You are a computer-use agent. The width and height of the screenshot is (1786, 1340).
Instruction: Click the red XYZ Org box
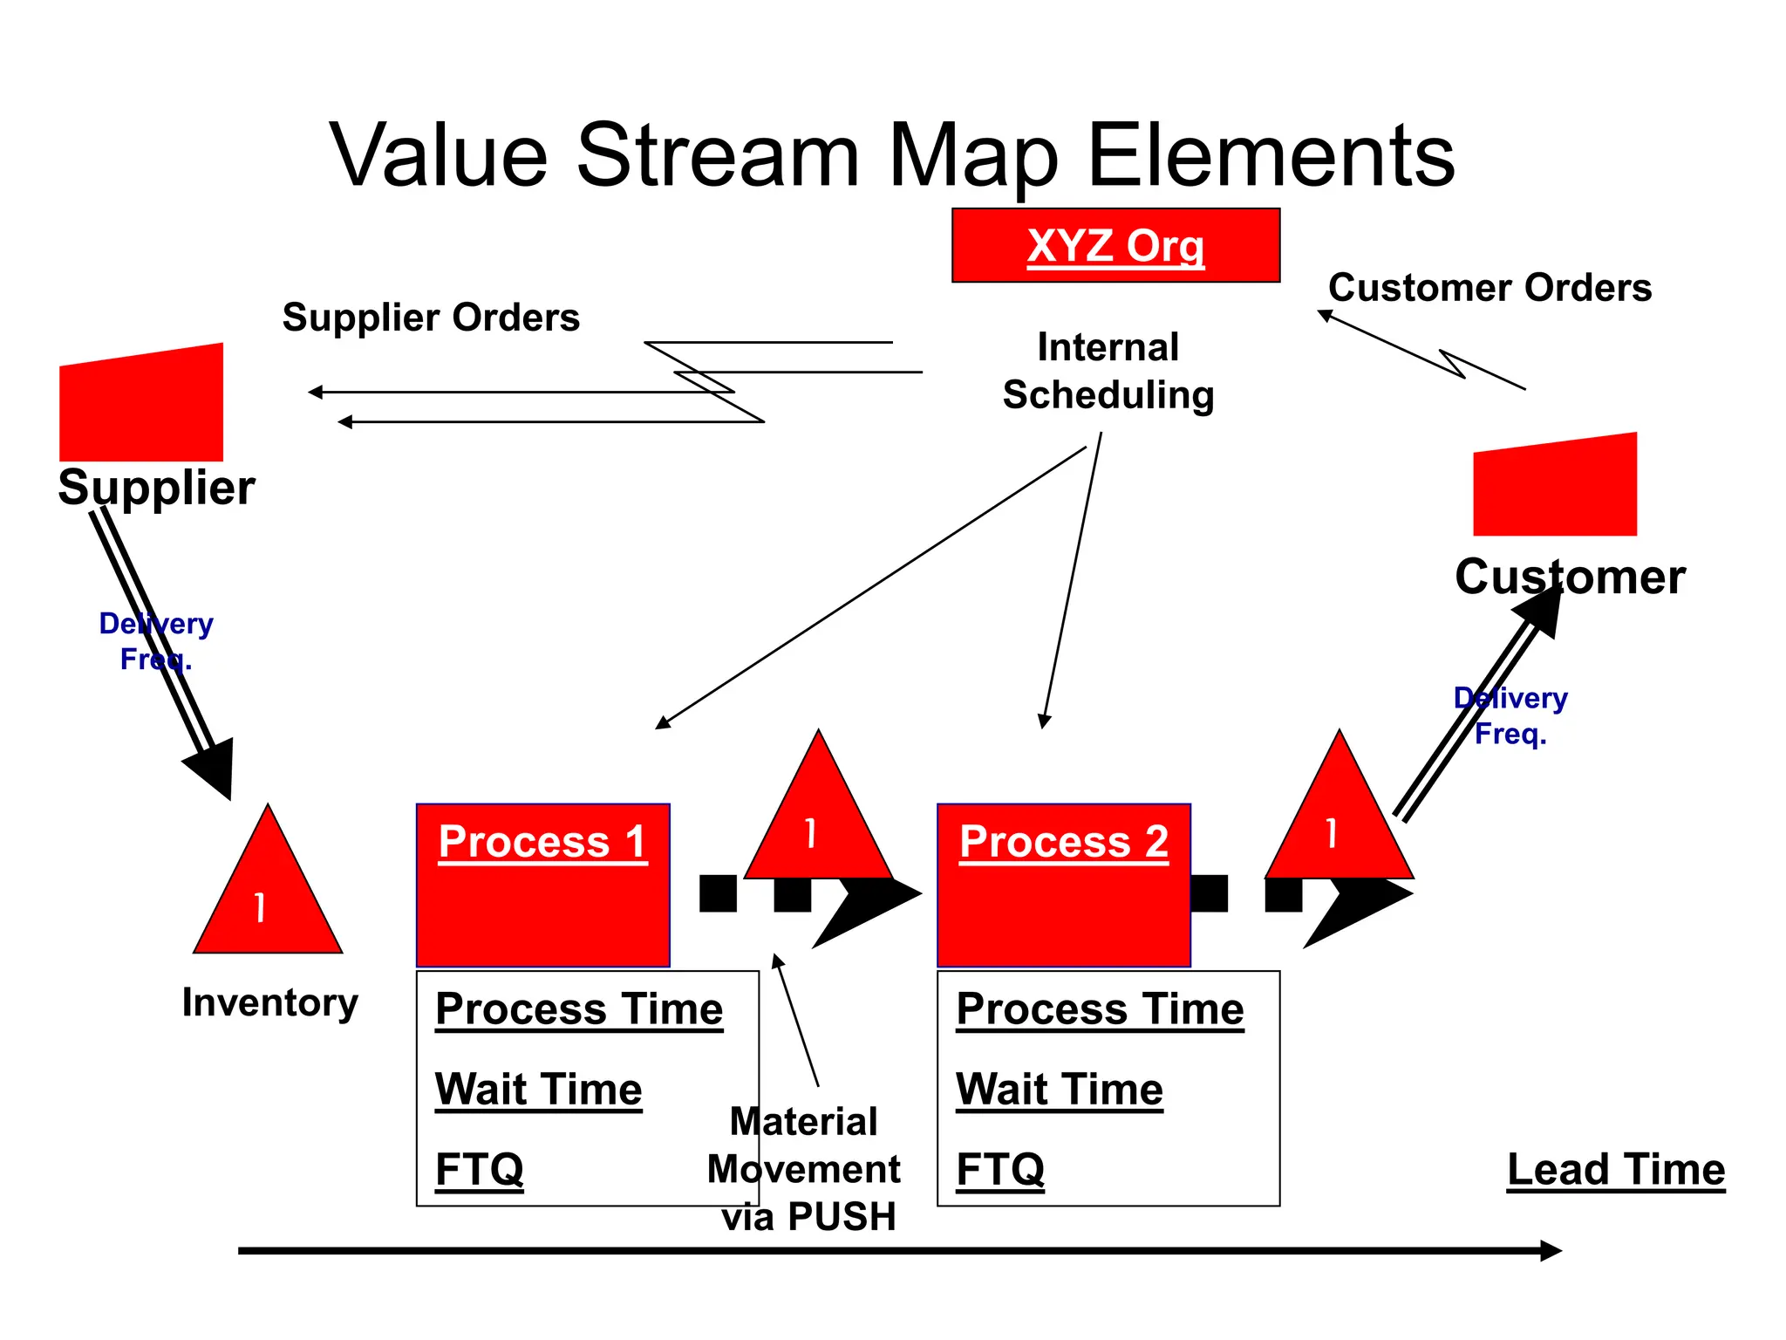click(1115, 245)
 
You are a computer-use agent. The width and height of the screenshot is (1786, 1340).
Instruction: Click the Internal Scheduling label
click(1108, 371)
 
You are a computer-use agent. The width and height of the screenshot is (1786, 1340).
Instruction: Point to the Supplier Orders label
click(431, 318)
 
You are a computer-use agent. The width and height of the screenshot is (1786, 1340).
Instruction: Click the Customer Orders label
click(1489, 288)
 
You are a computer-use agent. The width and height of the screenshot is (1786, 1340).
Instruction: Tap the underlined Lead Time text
click(1615, 1170)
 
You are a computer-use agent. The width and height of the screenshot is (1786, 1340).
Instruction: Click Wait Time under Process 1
click(538, 1090)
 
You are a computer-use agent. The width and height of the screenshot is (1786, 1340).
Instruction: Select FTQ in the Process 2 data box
click(999, 1170)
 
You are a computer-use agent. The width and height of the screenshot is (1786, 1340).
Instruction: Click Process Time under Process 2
click(1100, 1009)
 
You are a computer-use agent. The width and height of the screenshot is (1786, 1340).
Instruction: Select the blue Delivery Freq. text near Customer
click(1510, 715)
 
